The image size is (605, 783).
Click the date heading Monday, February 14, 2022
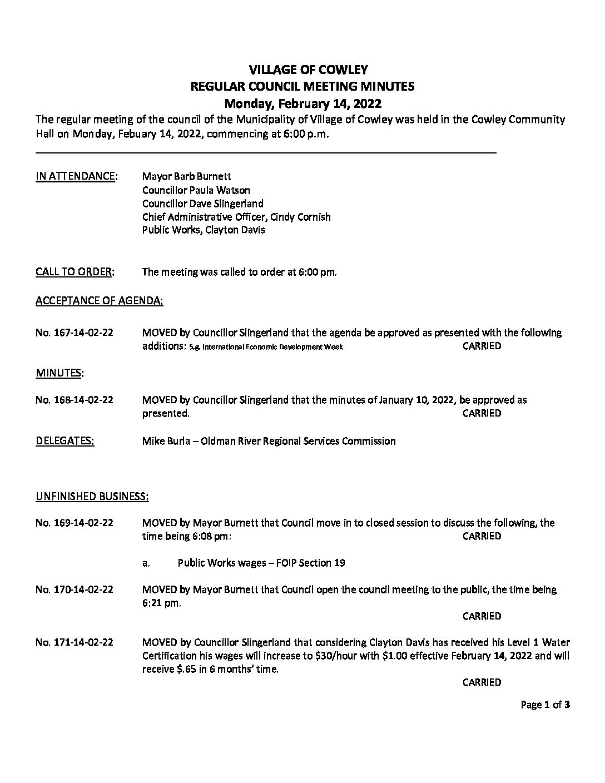(x=302, y=103)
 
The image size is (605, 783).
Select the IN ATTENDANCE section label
(x=76, y=177)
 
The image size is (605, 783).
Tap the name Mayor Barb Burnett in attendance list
(x=182, y=177)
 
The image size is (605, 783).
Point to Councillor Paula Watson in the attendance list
(x=196, y=190)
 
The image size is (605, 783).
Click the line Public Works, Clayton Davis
(x=204, y=230)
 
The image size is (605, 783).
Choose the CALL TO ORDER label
(x=75, y=272)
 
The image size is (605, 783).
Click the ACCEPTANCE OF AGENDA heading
(x=99, y=301)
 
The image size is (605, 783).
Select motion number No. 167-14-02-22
(x=75, y=333)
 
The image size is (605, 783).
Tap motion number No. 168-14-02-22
(x=75, y=400)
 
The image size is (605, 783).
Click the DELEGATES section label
(x=65, y=442)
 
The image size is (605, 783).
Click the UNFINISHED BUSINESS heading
(x=92, y=496)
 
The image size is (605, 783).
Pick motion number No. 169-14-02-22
(x=75, y=523)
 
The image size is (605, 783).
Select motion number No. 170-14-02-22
(x=75, y=589)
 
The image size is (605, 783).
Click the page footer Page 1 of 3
(x=545, y=705)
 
